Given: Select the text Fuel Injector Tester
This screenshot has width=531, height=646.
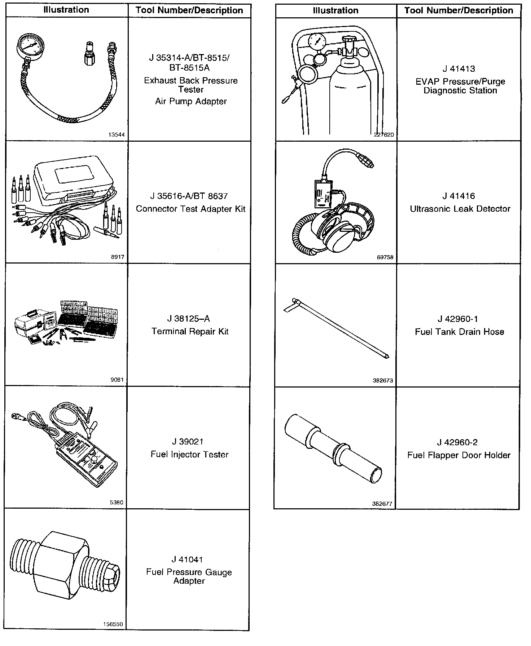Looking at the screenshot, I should click(189, 454).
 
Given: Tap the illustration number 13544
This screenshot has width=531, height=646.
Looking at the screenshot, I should click(117, 135).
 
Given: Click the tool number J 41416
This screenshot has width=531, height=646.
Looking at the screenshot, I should click(458, 196).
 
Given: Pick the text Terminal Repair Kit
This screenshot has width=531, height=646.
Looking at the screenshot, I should click(190, 331).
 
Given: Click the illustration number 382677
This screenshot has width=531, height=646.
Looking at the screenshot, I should click(382, 504).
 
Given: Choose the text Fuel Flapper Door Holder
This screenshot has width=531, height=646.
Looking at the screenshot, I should click(458, 455).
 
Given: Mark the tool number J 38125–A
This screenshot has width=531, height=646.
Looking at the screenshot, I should click(188, 319).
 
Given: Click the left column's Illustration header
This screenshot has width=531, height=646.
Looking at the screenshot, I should click(66, 10).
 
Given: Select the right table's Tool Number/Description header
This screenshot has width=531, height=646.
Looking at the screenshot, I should click(458, 10).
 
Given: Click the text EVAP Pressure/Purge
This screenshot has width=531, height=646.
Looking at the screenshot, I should click(460, 81).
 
